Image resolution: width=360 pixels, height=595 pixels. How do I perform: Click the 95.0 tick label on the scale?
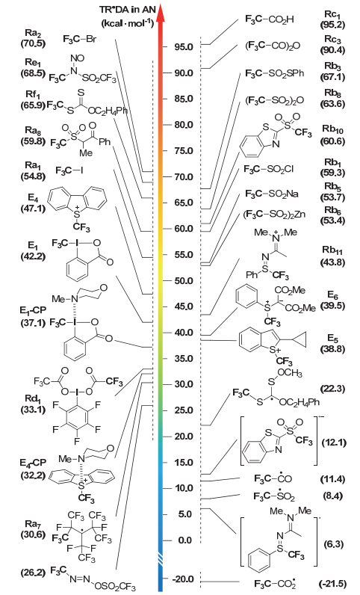click(184, 47)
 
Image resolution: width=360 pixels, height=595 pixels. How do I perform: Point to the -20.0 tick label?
click(182, 579)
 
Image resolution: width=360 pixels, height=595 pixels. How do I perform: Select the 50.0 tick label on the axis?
click(184, 281)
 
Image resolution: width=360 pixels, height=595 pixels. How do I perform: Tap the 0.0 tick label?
click(185, 540)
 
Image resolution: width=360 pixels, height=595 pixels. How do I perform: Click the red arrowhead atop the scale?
click(161, 13)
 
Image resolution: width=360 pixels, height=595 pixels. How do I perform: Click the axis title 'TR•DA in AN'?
click(127, 10)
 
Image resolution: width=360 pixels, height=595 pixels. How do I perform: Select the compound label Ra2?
click(33, 34)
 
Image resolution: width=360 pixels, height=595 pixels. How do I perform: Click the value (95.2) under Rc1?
click(332, 25)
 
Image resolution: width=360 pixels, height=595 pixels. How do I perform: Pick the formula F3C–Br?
click(80, 38)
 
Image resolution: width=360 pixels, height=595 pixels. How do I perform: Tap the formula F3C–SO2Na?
click(272, 194)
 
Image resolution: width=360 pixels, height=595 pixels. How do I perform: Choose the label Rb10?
click(332, 129)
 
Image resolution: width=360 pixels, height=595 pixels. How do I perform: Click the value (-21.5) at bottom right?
click(332, 584)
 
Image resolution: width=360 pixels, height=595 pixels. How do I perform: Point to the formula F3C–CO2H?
click(270, 19)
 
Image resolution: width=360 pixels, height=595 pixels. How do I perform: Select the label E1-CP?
click(33, 310)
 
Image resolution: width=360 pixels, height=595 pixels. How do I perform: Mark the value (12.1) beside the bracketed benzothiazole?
click(334, 443)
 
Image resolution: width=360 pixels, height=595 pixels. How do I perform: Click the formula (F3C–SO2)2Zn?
click(274, 215)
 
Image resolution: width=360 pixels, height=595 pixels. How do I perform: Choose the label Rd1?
click(33, 400)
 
